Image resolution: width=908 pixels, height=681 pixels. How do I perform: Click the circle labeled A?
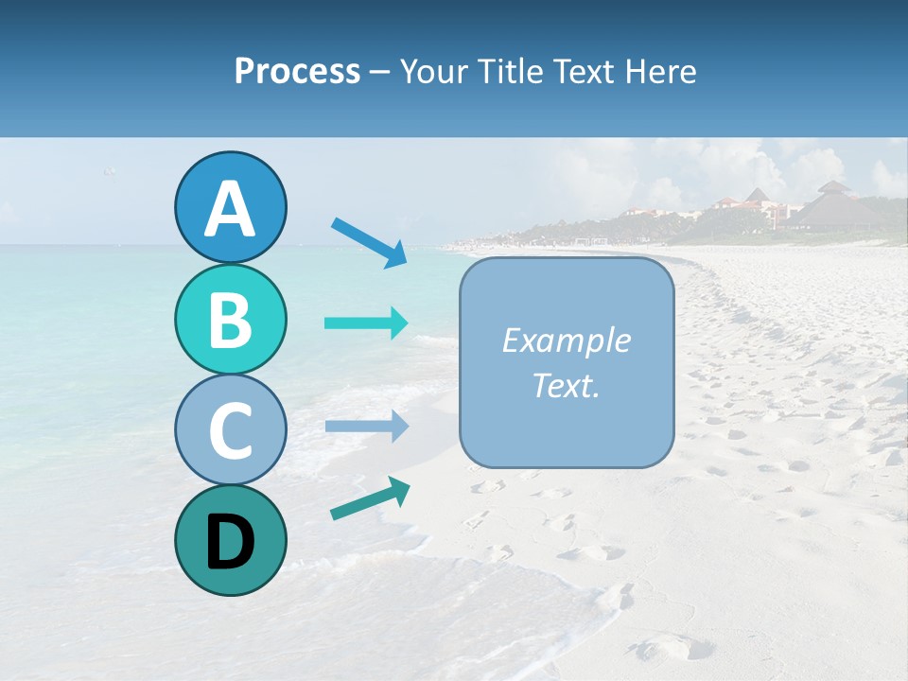click(x=231, y=208)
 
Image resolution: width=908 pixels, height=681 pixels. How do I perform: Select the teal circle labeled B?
click(x=231, y=320)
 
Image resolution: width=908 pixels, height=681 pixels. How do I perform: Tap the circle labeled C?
click(x=231, y=429)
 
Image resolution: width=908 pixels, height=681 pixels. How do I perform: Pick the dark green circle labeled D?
click(x=231, y=540)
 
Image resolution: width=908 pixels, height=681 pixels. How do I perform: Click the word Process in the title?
click(x=297, y=71)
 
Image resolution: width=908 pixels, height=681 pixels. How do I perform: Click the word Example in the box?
click(x=567, y=340)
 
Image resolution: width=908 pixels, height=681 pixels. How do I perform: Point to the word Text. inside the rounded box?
click(x=567, y=385)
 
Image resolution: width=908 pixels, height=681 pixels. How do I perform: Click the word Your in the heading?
click(x=432, y=71)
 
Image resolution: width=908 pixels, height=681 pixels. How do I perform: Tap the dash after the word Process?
click(x=379, y=73)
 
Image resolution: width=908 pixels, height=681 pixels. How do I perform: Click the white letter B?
click(x=231, y=320)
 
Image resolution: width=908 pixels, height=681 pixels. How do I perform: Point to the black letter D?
click(x=231, y=541)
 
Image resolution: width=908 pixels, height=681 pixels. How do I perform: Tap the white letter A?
click(x=231, y=208)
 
